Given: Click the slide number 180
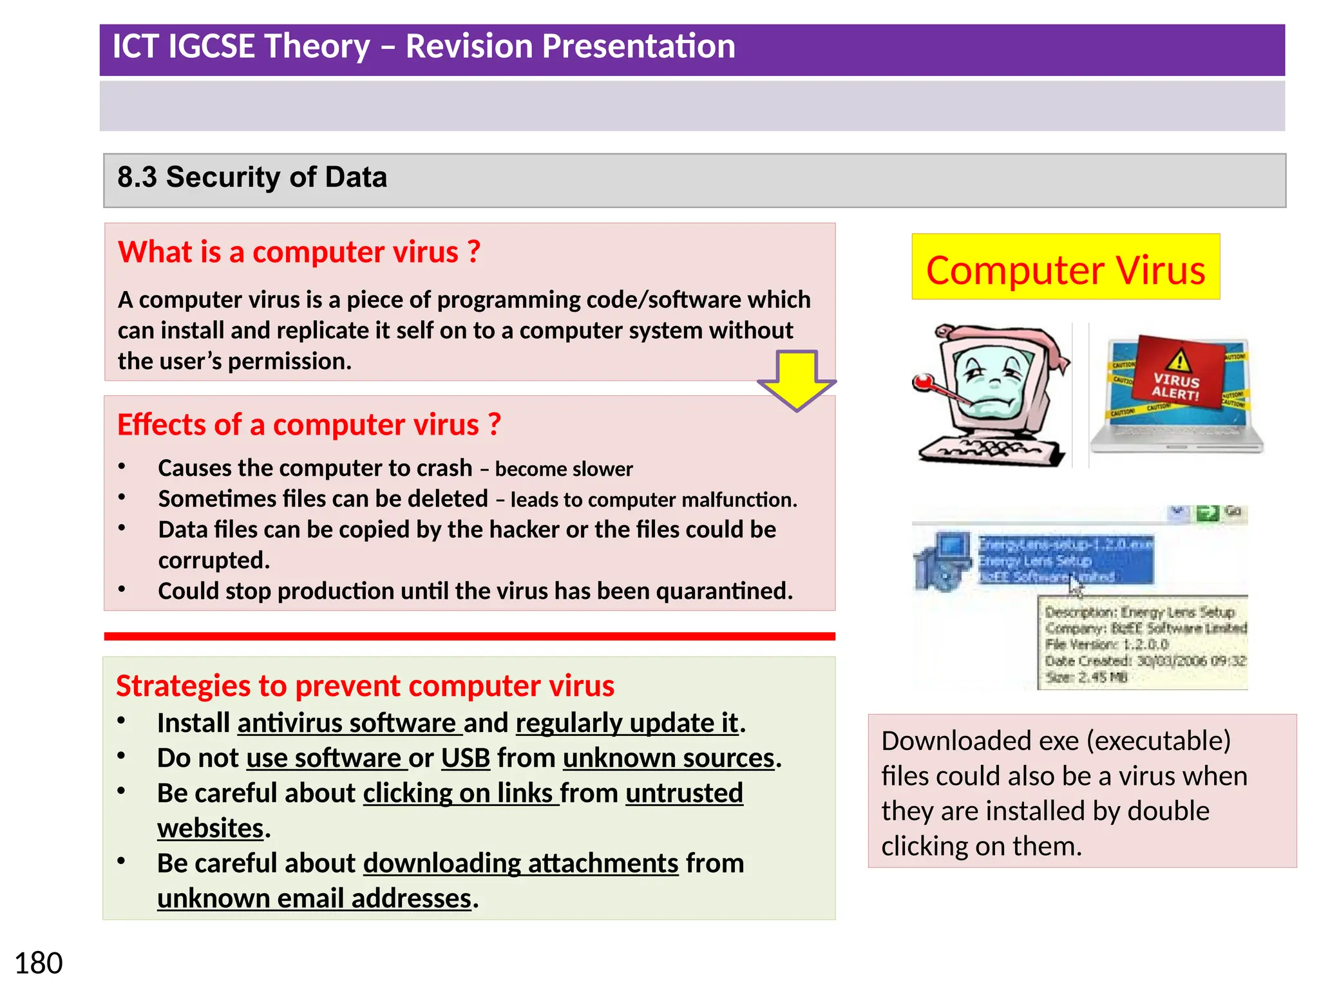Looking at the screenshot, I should click(x=39, y=963).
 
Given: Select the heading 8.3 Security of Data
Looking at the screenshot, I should click(x=252, y=178).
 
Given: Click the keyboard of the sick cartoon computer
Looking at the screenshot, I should click(x=992, y=451).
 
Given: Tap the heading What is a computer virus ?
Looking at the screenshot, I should click(x=299, y=252).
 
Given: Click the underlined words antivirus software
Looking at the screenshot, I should click(x=348, y=724).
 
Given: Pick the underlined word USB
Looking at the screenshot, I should click(x=465, y=758).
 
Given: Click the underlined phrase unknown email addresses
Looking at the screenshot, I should click(x=314, y=899).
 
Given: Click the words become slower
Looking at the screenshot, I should click(x=564, y=469).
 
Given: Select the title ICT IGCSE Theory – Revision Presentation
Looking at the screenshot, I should click(x=423, y=47).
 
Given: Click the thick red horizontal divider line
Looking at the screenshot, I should click(x=469, y=636).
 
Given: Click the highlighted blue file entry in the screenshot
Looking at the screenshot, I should click(x=1065, y=560).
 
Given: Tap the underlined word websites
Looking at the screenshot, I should click(x=210, y=829).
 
